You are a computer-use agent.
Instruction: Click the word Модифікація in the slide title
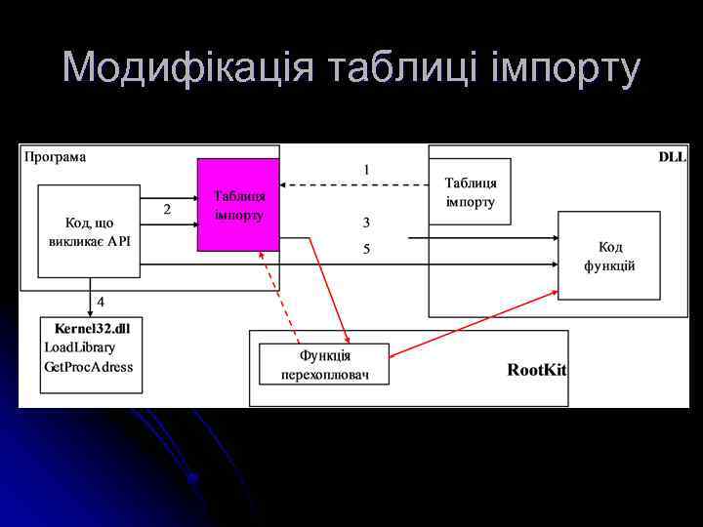189,68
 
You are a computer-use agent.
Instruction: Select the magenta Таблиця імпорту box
238,205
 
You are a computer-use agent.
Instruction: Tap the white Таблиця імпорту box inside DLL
470,192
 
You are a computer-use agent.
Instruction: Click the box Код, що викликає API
89,230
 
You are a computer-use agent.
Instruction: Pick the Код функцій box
608,256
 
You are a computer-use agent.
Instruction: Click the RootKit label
536,370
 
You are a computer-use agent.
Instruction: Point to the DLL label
672,156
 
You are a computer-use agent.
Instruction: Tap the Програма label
56,156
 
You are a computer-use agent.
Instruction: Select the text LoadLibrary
80,347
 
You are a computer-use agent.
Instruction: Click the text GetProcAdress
89,368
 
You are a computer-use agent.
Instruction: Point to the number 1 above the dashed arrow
366,170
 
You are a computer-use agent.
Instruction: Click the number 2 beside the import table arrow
167,210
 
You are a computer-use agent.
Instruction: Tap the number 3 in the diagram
366,223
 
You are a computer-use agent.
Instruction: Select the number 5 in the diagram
366,250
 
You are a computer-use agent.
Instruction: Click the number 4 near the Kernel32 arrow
101,301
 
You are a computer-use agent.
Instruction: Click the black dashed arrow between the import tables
353,185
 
